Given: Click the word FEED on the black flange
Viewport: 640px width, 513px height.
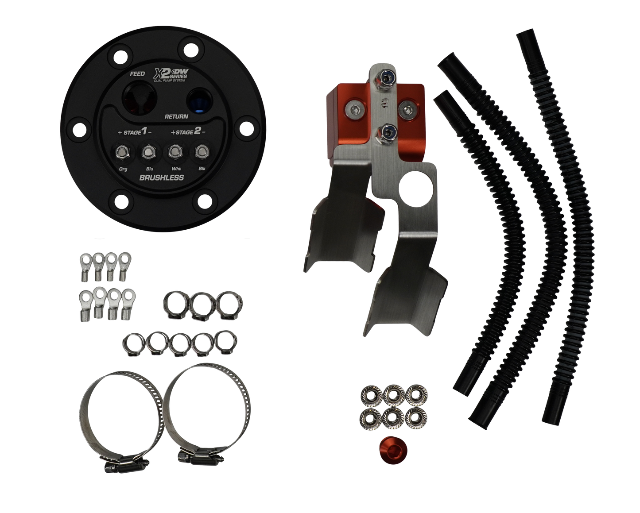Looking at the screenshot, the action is pyautogui.click(x=137, y=73).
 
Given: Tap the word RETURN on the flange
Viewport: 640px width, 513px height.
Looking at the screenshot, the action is pyautogui.click(x=177, y=116).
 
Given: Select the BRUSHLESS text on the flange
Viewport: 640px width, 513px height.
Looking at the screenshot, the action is pyautogui.click(x=162, y=178).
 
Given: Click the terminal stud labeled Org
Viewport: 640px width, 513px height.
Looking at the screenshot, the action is pyautogui.click(x=122, y=153).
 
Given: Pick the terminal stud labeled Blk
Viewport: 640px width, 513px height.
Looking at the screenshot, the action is pyautogui.click(x=202, y=152).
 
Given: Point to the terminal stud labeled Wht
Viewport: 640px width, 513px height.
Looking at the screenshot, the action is pyautogui.click(x=175, y=152).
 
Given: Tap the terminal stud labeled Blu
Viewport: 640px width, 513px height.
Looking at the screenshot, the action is pyautogui.click(x=148, y=153).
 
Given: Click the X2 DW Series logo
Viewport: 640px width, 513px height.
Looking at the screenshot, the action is pyautogui.click(x=170, y=75).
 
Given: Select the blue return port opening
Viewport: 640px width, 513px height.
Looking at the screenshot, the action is pyautogui.click(x=199, y=100).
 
